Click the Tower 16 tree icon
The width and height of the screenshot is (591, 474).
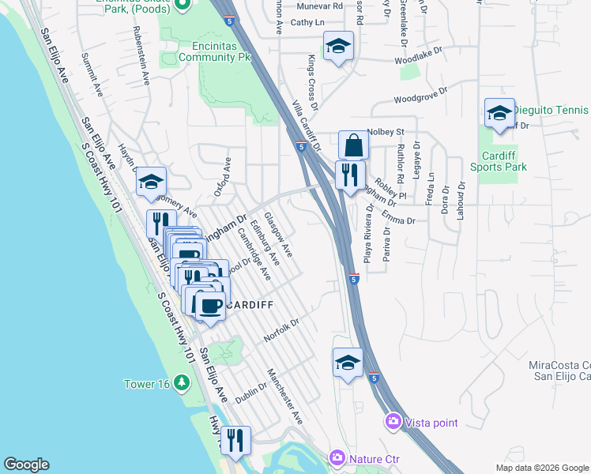tap(182, 383)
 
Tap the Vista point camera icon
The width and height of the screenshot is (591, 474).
tap(393, 422)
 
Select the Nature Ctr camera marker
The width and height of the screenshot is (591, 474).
tap(337, 457)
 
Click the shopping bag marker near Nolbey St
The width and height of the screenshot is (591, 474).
tap(353, 145)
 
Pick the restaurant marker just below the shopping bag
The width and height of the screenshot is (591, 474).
tap(348, 175)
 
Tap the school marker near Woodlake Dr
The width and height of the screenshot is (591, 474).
tap(338, 48)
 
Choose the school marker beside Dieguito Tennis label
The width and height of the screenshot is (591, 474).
tap(499, 115)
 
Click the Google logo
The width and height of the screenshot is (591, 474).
tap(26, 465)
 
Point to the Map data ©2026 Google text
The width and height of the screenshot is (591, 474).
tap(541, 468)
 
